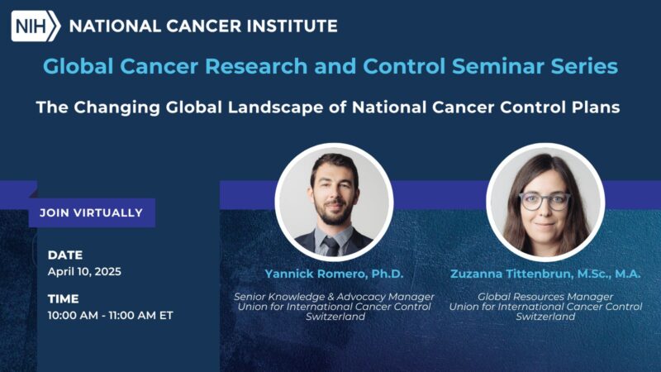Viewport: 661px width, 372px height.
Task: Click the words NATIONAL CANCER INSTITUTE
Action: pyautogui.click(x=203, y=26)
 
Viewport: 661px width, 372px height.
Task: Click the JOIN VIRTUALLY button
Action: pyautogui.click(x=91, y=212)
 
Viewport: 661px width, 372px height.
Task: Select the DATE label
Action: pyautogui.click(x=65, y=255)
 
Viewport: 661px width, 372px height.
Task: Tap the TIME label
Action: pyautogui.click(x=64, y=298)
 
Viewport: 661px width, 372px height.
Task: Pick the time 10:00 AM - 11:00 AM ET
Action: pyautogui.click(x=110, y=315)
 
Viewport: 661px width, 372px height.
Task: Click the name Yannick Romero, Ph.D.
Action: pyautogui.click(x=334, y=274)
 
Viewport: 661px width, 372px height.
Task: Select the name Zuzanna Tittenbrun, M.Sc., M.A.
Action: pyautogui.click(x=544, y=274)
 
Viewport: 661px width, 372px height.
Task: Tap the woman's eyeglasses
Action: pyautogui.click(x=544, y=200)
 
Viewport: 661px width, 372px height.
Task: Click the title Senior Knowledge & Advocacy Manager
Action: pyautogui.click(x=334, y=296)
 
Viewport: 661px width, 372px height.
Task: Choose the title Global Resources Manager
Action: pyautogui.click(x=544, y=296)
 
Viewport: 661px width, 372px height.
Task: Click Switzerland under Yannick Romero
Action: pyautogui.click(x=334, y=317)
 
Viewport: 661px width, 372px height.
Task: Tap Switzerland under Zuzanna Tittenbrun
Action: pyautogui.click(x=544, y=317)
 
